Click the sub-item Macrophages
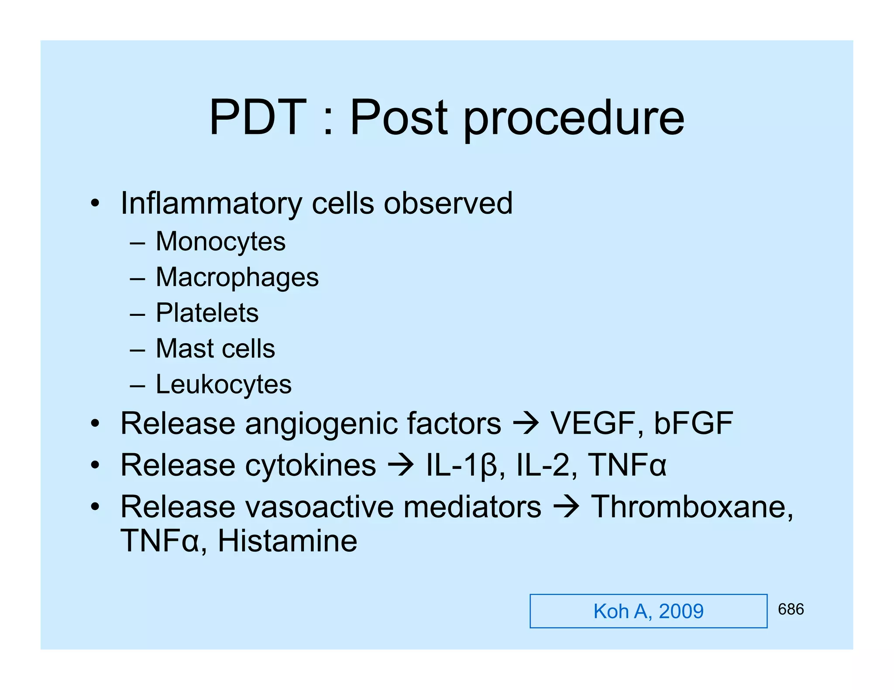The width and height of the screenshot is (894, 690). pos(237,277)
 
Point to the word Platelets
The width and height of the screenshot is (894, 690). pos(207,313)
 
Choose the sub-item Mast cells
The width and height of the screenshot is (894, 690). pos(215,348)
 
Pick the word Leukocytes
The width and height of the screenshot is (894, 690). pos(223,384)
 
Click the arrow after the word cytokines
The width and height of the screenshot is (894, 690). pos(400,465)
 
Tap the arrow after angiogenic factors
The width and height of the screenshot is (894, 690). pos(526,424)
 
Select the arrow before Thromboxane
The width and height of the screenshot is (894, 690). pos(566,507)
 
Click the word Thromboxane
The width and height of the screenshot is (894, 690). pos(691,507)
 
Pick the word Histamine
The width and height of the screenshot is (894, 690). pos(287,541)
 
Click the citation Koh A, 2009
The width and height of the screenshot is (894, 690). pos(648,611)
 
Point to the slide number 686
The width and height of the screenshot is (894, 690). pos(791,609)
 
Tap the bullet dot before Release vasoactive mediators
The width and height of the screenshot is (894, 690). pos(95,507)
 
